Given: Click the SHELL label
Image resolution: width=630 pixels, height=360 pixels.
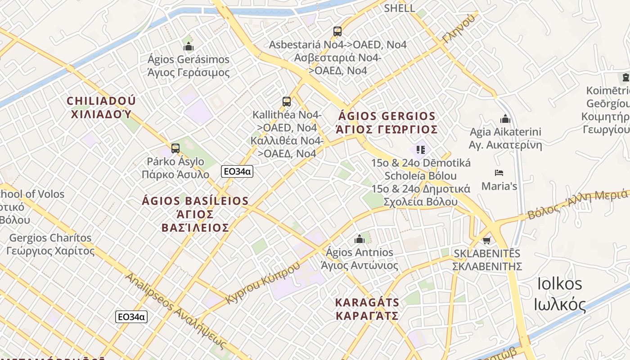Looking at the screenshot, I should click(x=399, y=8).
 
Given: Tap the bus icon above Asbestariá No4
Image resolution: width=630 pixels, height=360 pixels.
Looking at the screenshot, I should click(x=337, y=31).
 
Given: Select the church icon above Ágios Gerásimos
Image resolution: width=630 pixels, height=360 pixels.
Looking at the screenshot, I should click(x=189, y=46).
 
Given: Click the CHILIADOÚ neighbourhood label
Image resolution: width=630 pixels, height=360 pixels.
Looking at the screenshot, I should click(x=101, y=107).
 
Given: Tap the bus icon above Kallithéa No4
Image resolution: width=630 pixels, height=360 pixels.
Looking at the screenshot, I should click(x=287, y=102).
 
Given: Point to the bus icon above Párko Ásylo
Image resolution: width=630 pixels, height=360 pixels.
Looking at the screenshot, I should click(x=175, y=148).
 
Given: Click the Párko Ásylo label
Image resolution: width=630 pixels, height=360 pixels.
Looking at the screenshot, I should click(x=175, y=168).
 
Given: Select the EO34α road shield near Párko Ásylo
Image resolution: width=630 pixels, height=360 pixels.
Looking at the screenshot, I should click(x=237, y=171).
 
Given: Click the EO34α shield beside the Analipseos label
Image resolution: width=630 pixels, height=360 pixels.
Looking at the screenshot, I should click(x=131, y=317).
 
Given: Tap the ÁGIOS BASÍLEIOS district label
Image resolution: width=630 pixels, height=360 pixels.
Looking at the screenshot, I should click(x=195, y=214).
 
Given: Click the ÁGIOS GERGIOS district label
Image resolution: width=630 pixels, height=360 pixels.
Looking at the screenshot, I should click(x=387, y=123).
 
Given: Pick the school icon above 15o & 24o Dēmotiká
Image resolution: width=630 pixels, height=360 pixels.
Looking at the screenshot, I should click(x=421, y=149).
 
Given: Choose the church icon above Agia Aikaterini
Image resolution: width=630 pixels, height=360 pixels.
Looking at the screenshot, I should click(x=505, y=119).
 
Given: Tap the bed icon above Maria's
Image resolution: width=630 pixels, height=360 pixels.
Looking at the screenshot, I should click(x=499, y=173).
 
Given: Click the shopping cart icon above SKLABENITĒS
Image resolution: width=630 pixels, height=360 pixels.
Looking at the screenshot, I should click(x=486, y=240).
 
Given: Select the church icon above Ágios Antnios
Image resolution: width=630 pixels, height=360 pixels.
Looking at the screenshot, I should click(x=359, y=239).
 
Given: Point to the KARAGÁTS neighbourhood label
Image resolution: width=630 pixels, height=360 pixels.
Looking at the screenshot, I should click(x=367, y=308).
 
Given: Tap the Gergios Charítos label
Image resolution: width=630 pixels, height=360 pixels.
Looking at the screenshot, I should click(x=50, y=244).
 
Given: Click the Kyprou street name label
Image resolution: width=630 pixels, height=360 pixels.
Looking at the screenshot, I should click(x=263, y=282).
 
